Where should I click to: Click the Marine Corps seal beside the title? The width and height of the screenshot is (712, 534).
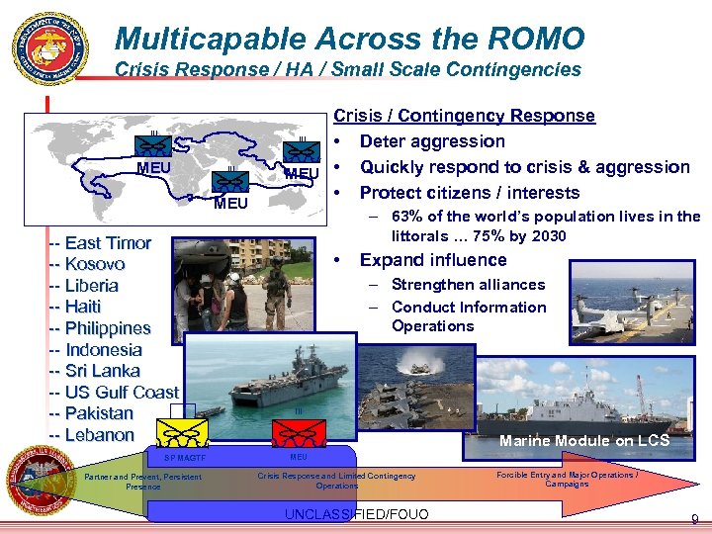pyautogui.click(x=50, y=48)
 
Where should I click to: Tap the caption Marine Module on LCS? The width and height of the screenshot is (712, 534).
pyautogui.click(x=584, y=441)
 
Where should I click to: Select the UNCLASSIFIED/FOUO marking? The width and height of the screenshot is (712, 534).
pyautogui.click(x=356, y=515)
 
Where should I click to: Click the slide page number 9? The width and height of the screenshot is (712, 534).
pyautogui.click(x=695, y=519)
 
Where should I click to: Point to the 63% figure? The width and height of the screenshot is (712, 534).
pyautogui.click(x=407, y=217)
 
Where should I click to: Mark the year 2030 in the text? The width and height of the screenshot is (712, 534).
pyautogui.click(x=548, y=235)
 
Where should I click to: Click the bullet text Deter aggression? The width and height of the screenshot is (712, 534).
pyautogui.click(x=432, y=141)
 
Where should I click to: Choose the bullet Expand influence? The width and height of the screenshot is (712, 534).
pyautogui.click(x=433, y=260)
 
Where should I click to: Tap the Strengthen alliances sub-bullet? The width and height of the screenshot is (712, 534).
pyautogui.click(x=468, y=285)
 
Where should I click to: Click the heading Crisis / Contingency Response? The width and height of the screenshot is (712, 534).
pyautogui.click(x=465, y=116)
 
